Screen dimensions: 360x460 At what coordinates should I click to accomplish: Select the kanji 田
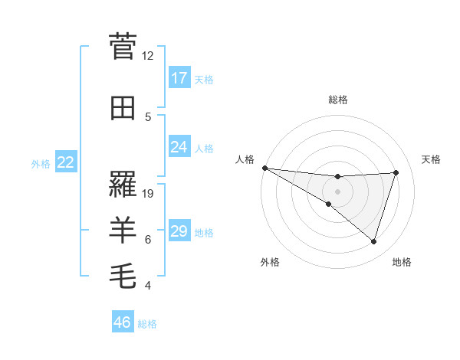point(123,108)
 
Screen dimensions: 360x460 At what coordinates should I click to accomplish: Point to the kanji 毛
point(123,274)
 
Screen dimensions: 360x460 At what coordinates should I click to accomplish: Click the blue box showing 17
point(179,78)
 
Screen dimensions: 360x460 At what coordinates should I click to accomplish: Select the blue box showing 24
point(179,147)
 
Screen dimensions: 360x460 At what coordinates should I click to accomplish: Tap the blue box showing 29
point(179,231)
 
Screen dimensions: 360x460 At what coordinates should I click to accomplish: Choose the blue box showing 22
point(66,162)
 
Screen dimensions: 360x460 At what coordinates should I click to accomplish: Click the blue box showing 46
point(123,322)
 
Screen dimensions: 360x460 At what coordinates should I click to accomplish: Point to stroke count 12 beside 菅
point(148,56)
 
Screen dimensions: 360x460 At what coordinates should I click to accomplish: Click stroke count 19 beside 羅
point(148,194)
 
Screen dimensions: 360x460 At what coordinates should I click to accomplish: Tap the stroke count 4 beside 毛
point(148,286)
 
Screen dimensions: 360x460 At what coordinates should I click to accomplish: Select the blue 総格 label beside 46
point(147,324)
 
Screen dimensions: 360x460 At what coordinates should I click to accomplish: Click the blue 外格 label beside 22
point(41,164)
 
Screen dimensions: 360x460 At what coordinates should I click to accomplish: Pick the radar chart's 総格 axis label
point(337,100)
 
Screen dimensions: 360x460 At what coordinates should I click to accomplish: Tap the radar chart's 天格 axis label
point(432,159)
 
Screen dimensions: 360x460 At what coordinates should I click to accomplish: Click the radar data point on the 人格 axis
point(264,168)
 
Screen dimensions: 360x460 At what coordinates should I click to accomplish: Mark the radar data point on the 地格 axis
point(373,242)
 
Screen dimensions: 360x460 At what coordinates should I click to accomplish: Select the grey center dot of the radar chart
point(337,191)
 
